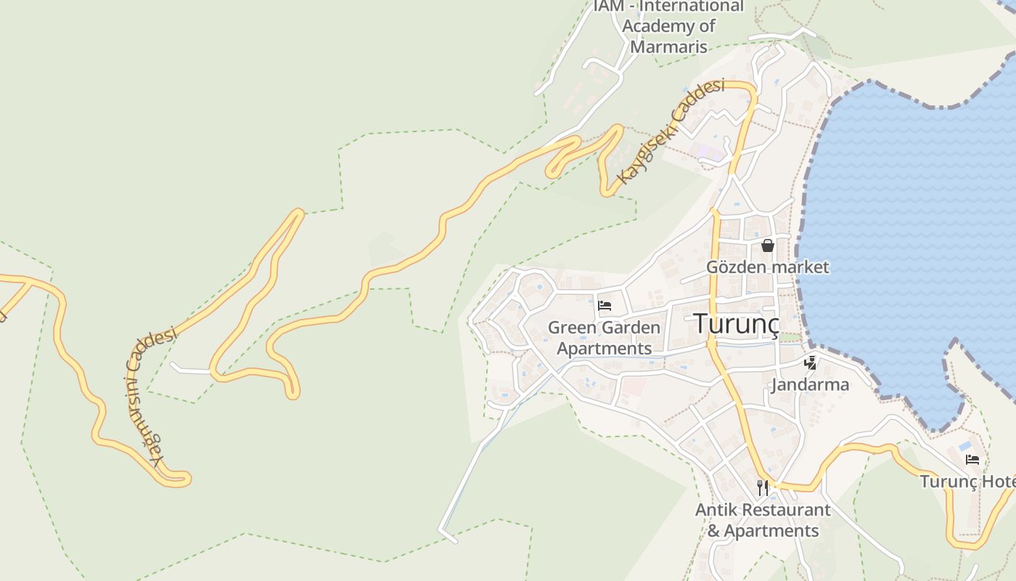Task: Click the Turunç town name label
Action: click(x=737, y=324)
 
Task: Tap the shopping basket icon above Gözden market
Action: click(x=768, y=245)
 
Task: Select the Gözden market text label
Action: click(x=768, y=267)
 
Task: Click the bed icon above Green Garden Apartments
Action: click(x=605, y=305)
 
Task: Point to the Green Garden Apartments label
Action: click(x=604, y=338)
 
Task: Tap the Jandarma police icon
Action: click(x=810, y=362)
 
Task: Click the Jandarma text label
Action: click(x=810, y=384)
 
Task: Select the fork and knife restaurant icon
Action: click(x=762, y=487)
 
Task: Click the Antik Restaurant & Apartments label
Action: click(x=763, y=520)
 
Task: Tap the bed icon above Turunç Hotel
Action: click(x=972, y=459)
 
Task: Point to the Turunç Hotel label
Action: click(x=967, y=482)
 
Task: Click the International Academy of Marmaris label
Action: click(x=668, y=26)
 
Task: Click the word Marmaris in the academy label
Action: click(x=668, y=46)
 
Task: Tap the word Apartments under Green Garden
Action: click(x=604, y=349)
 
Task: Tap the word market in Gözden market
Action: click(x=800, y=267)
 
